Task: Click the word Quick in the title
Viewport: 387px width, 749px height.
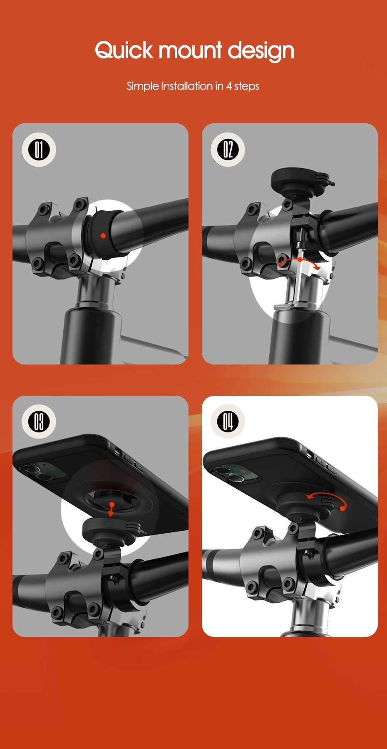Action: tap(124, 50)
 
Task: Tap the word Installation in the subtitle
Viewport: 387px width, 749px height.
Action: tap(187, 86)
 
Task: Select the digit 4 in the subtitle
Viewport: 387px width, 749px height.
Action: tap(228, 86)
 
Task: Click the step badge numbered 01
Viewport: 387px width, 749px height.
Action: tap(39, 150)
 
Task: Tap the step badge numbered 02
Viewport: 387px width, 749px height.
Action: tap(228, 150)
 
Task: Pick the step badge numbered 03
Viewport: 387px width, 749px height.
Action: tap(39, 421)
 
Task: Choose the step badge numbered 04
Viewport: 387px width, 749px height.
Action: tap(228, 421)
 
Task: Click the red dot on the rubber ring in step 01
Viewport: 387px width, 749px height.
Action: tap(103, 236)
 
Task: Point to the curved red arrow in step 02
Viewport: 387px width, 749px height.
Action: tap(299, 262)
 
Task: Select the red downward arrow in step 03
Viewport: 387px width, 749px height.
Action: tap(111, 509)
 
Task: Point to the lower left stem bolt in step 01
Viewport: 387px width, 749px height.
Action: tap(38, 263)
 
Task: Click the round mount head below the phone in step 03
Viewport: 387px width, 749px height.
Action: tap(109, 531)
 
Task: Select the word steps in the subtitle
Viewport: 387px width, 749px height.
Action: tap(247, 86)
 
